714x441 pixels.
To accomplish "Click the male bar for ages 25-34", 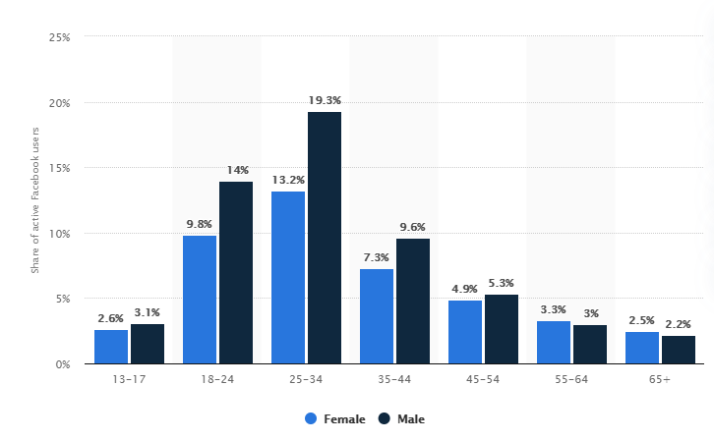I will [325, 238].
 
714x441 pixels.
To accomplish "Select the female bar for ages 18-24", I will [200, 300].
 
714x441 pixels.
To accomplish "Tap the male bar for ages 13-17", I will [148, 344].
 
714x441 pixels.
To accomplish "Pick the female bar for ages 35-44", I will [377, 316].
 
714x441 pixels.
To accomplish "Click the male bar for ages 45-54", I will [502, 329].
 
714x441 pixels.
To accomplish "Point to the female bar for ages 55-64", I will [554, 342].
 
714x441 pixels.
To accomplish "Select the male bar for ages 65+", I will [679, 350].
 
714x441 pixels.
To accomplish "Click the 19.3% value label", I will [325, 100].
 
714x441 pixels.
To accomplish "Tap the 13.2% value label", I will [287, 180].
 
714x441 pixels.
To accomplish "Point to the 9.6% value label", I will [413, 227].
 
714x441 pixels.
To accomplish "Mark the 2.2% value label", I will [679, 323].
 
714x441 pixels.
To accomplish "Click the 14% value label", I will [236, 170].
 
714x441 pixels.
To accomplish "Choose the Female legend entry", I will [335, 418].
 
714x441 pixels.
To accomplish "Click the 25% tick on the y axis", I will [58, 37].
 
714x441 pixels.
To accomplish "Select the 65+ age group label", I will [659, 379].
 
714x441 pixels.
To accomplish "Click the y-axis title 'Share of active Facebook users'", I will [34, 200].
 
